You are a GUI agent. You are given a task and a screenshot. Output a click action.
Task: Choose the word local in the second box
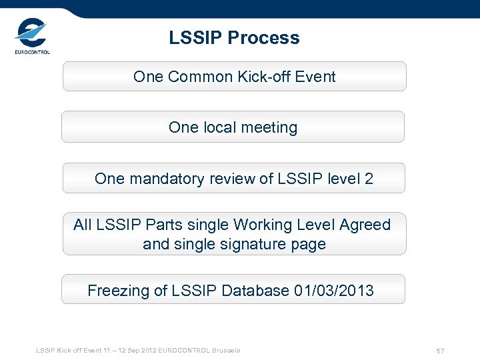pos(217,127)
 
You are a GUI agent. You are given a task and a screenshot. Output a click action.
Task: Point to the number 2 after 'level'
pos(369,179)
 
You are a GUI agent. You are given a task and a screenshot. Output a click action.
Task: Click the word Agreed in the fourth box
pos(365,225)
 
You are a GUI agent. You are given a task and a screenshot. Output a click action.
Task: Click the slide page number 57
pos(440,351)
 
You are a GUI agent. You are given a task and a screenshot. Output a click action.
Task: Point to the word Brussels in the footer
pos(226,351)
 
